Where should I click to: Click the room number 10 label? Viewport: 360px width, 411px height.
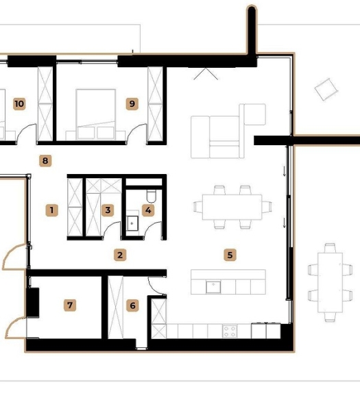coord(19,104)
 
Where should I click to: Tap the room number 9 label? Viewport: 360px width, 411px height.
coord(132,104)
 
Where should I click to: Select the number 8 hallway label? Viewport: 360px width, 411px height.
coord(45,161)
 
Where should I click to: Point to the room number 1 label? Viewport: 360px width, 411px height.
coord(51,210)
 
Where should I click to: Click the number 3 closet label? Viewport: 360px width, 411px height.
coord(108,210)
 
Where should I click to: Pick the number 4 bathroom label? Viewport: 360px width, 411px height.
coord(148,210)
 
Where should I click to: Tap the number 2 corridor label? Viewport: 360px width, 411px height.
coord(120,255)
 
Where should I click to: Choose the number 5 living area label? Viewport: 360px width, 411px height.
coord(230,255)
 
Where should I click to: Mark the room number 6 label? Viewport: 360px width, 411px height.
coord(132,306)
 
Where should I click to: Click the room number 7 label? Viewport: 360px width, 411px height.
coord(70,306)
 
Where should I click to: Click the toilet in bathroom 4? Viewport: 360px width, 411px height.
coord(151,196)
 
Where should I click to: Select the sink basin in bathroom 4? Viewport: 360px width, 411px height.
coord(132,223)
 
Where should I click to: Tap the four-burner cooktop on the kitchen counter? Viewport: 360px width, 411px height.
coord(230,332)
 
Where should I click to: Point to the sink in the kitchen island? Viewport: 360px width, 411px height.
coord(213,287)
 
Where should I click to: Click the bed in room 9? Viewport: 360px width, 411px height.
coord(95,114)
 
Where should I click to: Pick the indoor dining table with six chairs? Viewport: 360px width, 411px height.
coord(232,207)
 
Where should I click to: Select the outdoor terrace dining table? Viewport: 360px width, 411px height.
coord(330,282)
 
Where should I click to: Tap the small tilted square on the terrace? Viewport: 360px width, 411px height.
coord(326,89)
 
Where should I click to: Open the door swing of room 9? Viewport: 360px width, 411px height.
coord(135,132)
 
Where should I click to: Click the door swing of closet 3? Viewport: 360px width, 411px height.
coord(111,229)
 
